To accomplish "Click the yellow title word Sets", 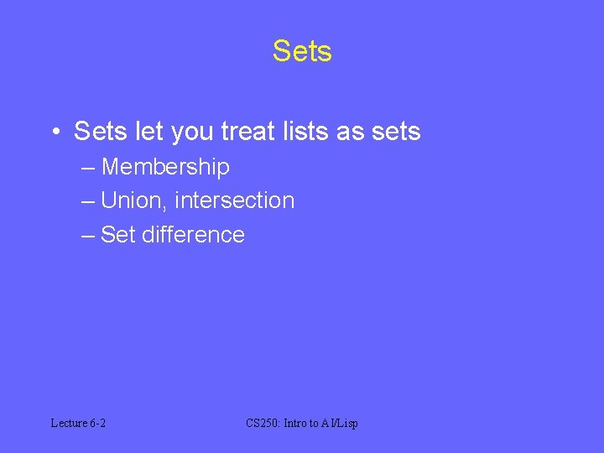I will [302, 51].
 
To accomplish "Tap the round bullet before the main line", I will [55, 133].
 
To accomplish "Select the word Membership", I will [165, 167].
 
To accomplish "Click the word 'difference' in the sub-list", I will [193, 235].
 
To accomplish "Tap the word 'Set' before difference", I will [118, 235].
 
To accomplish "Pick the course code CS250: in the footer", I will [263, 423].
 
